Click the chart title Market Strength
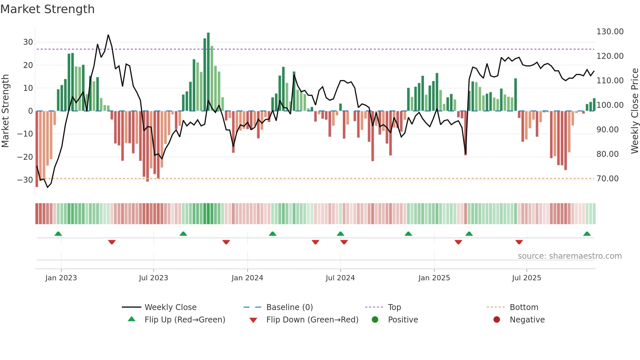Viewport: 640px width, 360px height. click(x=47, y=9)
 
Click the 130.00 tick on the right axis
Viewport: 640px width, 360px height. click(x=610, y=32)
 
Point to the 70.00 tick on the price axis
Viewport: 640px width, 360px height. click(x=607, y=179)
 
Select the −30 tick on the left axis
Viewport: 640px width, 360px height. click(x=25, y=180)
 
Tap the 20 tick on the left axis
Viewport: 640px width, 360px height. click(x=28, y=65)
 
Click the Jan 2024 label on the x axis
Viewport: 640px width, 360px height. click(x=247, y=278)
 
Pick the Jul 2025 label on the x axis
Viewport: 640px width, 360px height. click(x=526, y=278)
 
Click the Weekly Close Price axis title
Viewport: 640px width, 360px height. click(x=634, y=111)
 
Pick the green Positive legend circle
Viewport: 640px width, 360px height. click(x=375, y=320)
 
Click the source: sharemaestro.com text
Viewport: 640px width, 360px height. click(x=569, y=256)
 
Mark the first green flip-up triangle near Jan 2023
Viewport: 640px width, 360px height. click(x=58, y=234)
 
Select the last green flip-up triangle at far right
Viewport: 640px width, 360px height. click(x=587, y=234)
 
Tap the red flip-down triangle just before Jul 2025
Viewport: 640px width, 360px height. click(x=519, y=242)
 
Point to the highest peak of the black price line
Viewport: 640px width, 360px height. click(x=108, y=35)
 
